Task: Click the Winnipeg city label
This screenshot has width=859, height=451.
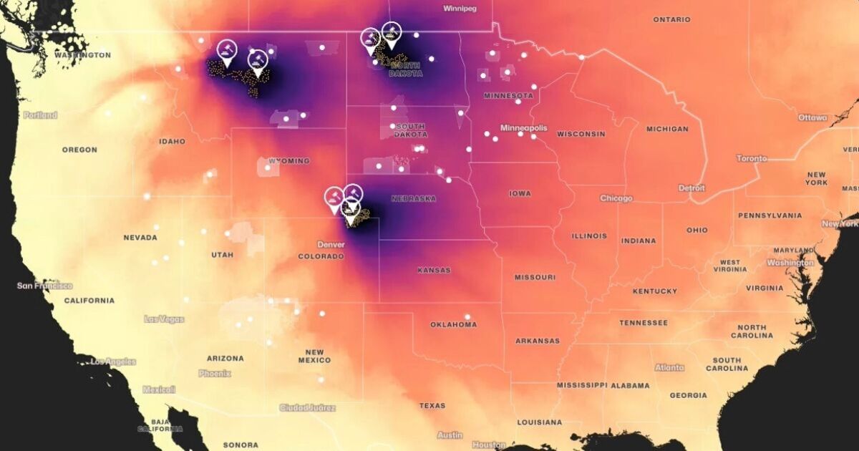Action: pos(460,9)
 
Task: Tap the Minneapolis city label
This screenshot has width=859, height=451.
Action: pos(523,128)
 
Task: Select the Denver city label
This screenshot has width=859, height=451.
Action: pos(331,244)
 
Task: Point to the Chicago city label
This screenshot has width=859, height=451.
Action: pos(616,198)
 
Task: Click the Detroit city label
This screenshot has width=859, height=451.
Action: pos(691,188)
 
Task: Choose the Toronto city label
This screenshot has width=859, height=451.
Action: pos(751,158)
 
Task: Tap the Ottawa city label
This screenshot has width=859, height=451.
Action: pos(812,117)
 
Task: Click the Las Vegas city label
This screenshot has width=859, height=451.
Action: pos(164,319)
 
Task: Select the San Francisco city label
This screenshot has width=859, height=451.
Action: pos(44,286)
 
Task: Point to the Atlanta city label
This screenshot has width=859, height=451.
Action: pos(669,367)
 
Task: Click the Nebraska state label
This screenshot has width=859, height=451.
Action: pos(413,198)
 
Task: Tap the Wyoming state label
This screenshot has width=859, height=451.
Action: pos(289,161)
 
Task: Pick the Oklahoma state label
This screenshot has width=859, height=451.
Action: pos(453,324)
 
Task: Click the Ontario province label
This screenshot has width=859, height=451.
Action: pos(671,19)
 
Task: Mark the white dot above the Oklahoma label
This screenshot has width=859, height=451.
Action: pos(467,316)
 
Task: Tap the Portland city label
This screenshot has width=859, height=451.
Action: pos(40,115)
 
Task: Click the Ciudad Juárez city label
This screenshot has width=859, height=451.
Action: pos(307,407)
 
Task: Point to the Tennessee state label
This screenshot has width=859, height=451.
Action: pos(643,323)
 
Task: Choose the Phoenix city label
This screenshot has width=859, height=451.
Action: pos(215,373)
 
